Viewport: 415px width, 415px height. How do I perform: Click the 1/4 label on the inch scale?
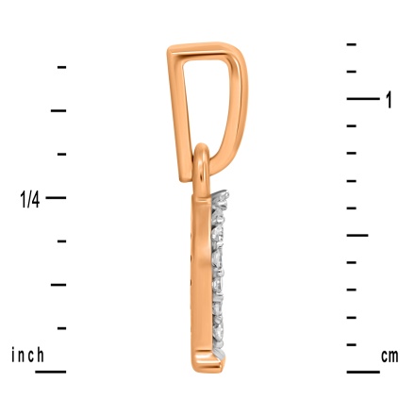coord(31,198)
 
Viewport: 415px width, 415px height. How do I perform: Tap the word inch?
coord(27,356)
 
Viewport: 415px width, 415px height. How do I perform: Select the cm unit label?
coord(389,356)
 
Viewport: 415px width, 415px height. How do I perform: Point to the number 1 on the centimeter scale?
coord(389,100)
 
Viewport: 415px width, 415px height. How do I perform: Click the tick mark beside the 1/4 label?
coord(56,197)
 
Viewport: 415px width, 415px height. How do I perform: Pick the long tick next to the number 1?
coord(362,98)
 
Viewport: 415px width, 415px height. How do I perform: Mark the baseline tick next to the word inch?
coord(50,372)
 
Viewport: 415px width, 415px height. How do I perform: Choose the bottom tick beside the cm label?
coord(362,372)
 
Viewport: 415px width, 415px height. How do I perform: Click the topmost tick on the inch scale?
coord(61,66)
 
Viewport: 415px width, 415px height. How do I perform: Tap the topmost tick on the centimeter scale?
coord(351,44)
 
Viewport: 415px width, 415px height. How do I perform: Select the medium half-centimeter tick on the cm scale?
coord(357,235)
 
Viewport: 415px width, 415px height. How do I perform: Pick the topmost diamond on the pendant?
coord(221,200)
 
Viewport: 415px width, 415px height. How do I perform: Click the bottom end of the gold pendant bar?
coord(201,365)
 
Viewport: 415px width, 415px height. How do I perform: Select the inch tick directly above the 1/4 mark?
coord(61,154)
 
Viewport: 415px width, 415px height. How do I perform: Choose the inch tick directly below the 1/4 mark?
coord(61,241)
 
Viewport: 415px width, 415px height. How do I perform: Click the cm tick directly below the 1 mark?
coord(351,125)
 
